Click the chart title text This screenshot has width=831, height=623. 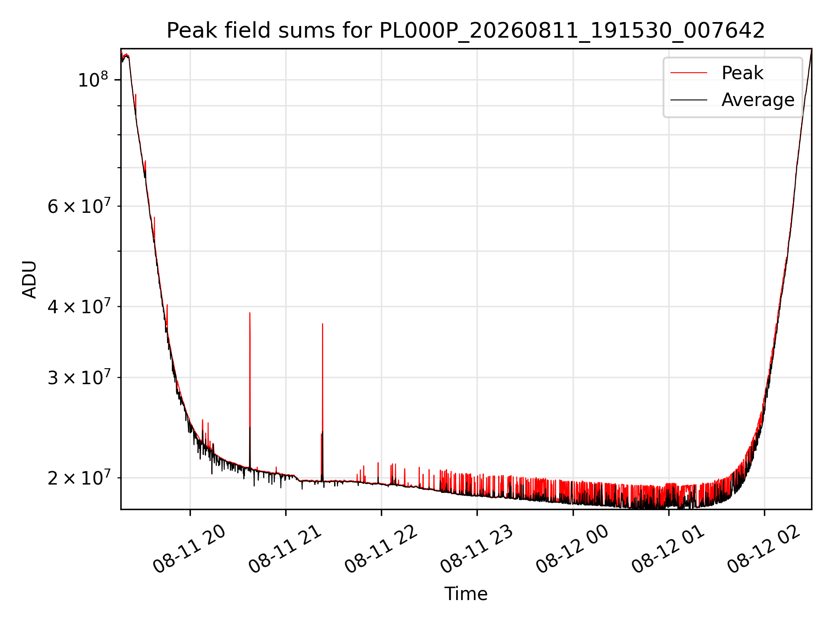coord(466,31)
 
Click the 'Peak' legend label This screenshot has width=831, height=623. coord(742,73)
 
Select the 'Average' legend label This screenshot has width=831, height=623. coord(758,100)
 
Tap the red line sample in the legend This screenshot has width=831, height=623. coord(689,73)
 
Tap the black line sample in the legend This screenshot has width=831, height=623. coord(689,100)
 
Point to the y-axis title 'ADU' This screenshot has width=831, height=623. coord(29,279)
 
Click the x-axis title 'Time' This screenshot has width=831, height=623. coord(466,594)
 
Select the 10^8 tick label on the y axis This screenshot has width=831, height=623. coord(93,80)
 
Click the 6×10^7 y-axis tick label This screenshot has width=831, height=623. coord(78,206)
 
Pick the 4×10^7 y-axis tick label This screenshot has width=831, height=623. coord(78,306)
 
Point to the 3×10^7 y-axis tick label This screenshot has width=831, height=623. coord(78,377)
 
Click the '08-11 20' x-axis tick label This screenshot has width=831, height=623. coord(190,549)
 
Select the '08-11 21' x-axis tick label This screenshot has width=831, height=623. coord(285,549)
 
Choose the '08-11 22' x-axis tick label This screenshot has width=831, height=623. coord(381,549)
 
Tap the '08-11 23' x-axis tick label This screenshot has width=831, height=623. coord(477,549)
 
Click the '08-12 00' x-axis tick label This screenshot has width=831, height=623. coord(573,549)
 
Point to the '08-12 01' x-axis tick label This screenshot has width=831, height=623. coord(668,549)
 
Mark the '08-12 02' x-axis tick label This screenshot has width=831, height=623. coord(764,549)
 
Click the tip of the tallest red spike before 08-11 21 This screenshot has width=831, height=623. coord(250,312)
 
